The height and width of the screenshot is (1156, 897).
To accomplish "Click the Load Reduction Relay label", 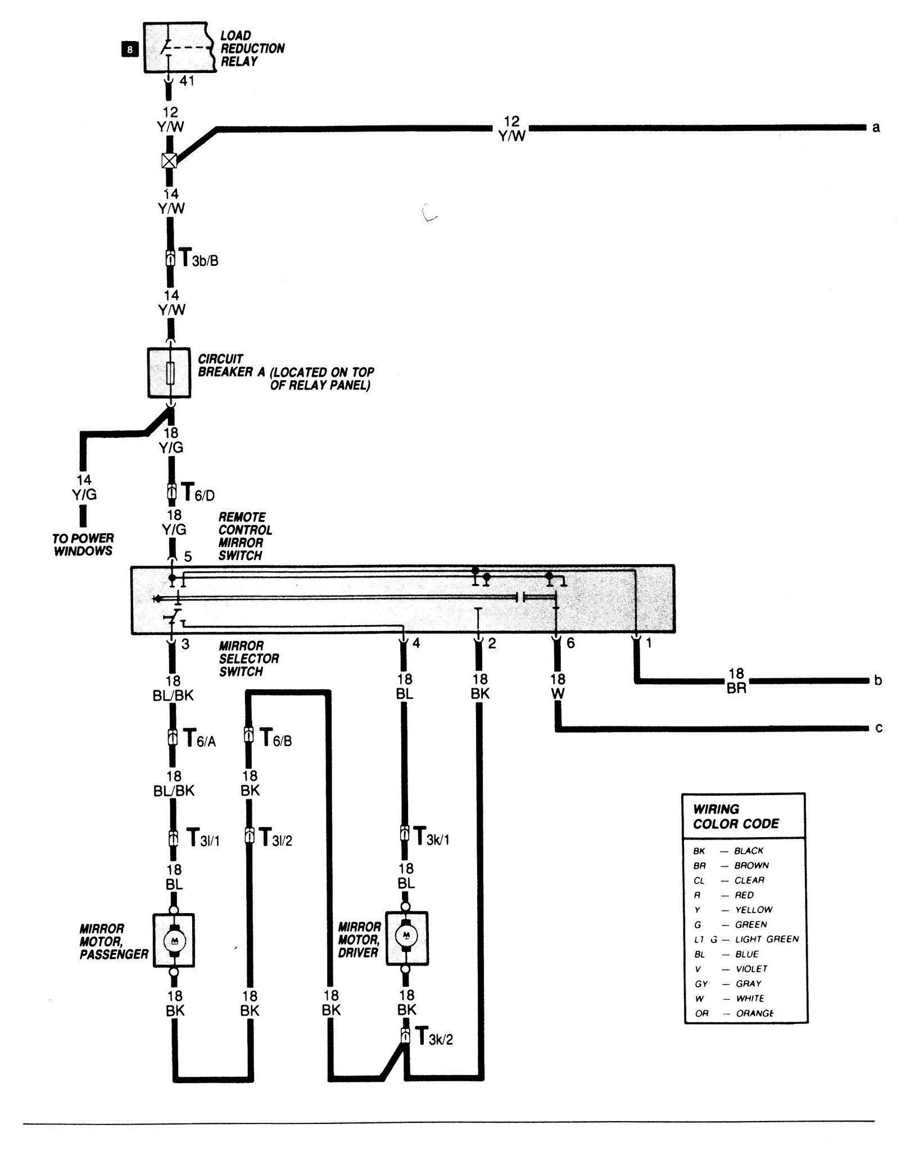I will pos(252,48).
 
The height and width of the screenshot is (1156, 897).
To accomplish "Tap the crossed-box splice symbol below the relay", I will pos(169,161).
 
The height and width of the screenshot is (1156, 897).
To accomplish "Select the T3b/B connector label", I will pos(197,259).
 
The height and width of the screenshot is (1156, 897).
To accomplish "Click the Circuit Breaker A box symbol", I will pos(169,373).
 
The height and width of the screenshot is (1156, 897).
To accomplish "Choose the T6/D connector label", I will pos(196,493).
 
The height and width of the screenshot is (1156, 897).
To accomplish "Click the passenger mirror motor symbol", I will pos(174,940).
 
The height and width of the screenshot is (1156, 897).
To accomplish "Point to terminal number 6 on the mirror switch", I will pos(570,643).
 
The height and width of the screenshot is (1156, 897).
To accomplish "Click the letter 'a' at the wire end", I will pos(876,128).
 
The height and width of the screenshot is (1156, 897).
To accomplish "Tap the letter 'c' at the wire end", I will pos(878,728).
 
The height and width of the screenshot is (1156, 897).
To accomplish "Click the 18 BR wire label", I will pos(736,680).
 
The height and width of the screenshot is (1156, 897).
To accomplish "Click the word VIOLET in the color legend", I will pos(751,969).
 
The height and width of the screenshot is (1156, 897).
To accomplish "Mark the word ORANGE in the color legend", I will pos(754,1013).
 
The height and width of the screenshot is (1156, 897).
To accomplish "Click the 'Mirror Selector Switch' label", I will pos(248,658).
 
